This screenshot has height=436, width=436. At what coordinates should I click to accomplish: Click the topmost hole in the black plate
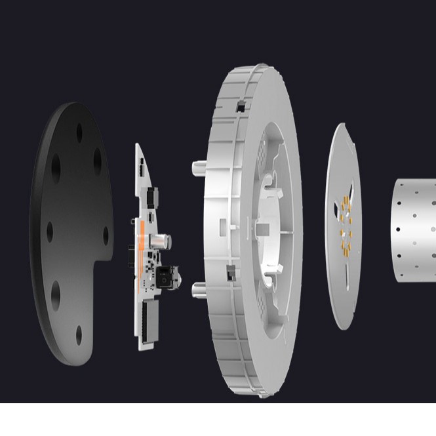pos(79,133)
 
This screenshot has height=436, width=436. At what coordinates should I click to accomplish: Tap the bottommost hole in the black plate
pos(79,335)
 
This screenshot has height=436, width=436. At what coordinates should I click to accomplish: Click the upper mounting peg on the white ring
pos(197,168)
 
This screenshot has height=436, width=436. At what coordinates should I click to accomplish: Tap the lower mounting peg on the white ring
pos(197,289)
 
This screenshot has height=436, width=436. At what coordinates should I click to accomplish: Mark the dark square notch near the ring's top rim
pos(241,106)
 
